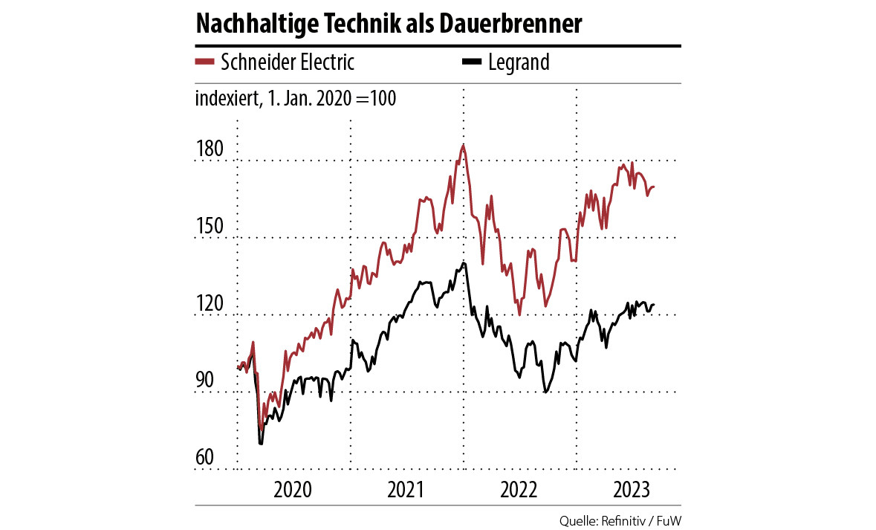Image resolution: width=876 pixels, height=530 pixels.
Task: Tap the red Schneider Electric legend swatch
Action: tap(204, 62)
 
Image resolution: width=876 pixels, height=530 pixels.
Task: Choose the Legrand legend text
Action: tap(519, 62)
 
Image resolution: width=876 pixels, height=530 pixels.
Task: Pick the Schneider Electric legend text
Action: tap(288, 62)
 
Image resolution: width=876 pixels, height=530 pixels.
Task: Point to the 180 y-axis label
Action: tap(209, 149)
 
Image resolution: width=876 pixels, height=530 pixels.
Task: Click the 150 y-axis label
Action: tap(209, 227)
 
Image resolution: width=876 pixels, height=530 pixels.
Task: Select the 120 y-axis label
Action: tap(209, 304)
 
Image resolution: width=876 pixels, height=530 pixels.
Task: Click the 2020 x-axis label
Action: tap(291, 490)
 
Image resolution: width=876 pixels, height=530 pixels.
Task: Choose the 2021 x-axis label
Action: tap(405, 490)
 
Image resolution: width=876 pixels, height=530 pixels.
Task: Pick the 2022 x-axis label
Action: tap(519, 490)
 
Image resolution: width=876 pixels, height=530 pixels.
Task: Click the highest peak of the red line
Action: tap(463, 146)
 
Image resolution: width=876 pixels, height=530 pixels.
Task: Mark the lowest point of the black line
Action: tap(260, 443)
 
